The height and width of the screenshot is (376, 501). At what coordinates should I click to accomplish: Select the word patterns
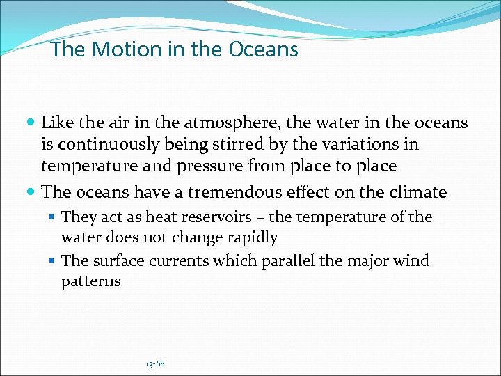point(90,282)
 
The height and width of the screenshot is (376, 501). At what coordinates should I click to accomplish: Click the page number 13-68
point(155,363)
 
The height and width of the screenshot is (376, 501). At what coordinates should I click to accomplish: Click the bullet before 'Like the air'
point(31,124)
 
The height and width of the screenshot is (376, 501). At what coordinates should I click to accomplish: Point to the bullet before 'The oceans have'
point(31,191)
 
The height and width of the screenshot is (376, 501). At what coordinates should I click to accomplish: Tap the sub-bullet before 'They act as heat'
point(54,218)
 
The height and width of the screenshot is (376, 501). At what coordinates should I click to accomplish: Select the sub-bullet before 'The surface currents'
point(54,262)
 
